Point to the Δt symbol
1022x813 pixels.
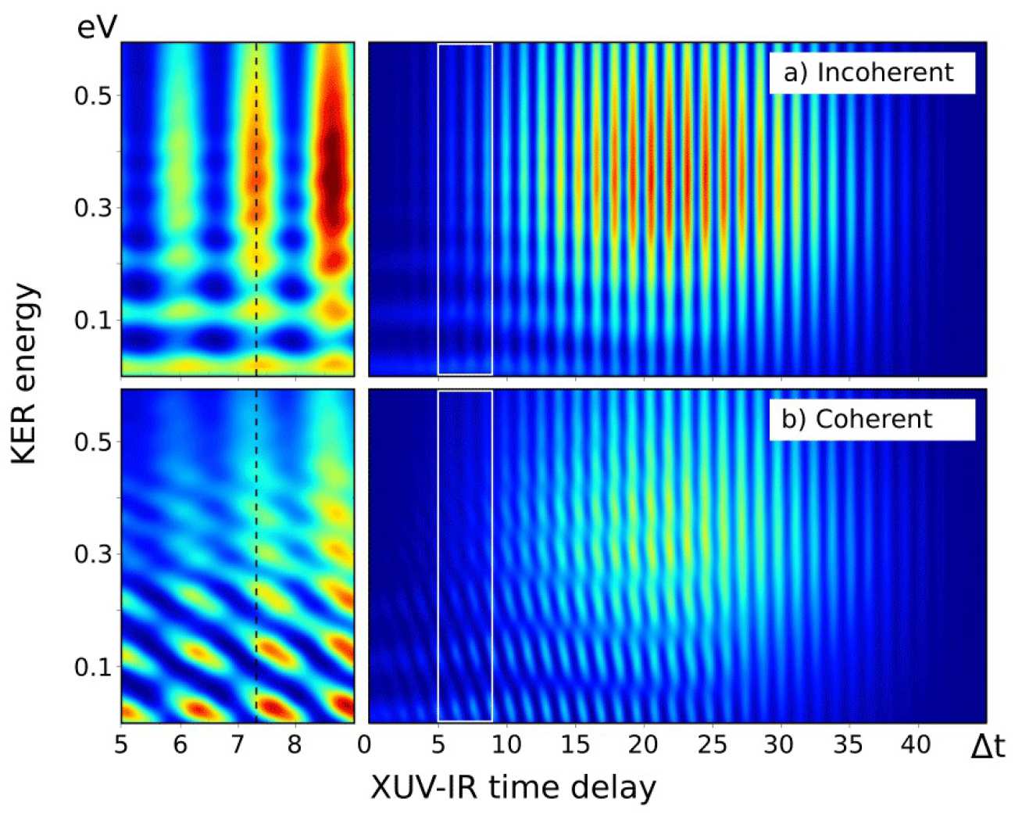[x=987, y=746]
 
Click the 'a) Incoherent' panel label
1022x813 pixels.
[x=871, y=73]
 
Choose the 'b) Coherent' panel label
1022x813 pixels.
[x=858, y=419]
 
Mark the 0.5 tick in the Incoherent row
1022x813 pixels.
[x=91, y=95]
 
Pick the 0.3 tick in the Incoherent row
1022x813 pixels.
[x=91, y=208]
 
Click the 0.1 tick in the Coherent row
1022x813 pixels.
[x=91, y=667]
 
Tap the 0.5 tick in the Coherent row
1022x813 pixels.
[x=91, y=442]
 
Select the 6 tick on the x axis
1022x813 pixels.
[x=180, y=744]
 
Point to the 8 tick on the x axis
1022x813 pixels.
[x=295, y=744]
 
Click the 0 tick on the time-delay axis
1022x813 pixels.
[x=365, y=744]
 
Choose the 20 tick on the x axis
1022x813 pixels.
[x=642, y=744]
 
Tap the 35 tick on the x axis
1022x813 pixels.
[x=849, y=744]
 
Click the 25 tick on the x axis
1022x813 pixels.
[x=711, y=744]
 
